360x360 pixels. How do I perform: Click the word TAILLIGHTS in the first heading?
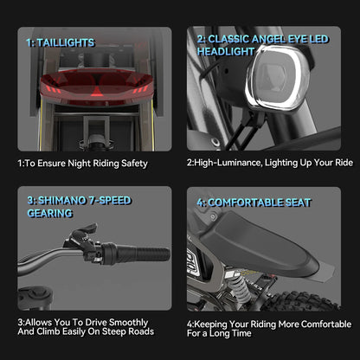point(66,42)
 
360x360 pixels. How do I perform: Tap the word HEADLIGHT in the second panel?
point(226,52)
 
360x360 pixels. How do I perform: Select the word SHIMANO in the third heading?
point(62,201)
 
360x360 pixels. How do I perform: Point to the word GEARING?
point(49,213)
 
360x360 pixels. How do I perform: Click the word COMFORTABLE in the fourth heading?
point(246,202)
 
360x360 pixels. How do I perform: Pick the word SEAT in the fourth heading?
point(299,202)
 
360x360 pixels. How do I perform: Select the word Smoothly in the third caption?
point(128,323)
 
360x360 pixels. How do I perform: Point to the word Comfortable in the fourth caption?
point(326,324)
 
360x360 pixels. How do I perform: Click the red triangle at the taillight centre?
point(98,92)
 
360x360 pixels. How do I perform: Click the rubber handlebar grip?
point(136,254)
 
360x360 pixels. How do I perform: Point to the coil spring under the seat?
point(237,287)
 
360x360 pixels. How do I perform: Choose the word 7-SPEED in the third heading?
point(110,201)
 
